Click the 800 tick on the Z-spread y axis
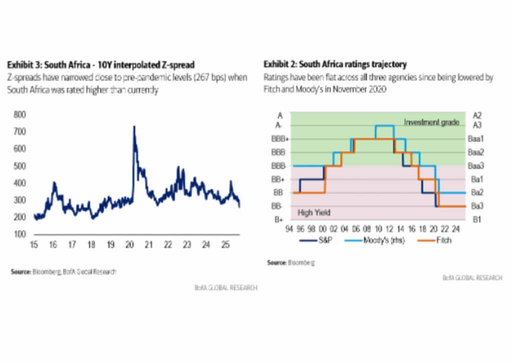pyautogui.click(x=19, y=114)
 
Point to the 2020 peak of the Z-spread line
pyautogui.click(x=133, y=127)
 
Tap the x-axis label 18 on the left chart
pyautogui.click(x=91, y=245)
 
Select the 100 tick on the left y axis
pyautogui.click(x=19, y=234)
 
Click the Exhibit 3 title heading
pyautogui.click(x=100, y=64)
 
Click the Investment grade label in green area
pyautogui.click(x=431, y=122)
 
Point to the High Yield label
pyautogui.click(x=314, y=212)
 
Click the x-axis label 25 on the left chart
pyautogui.click(x=225, y=245)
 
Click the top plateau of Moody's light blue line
pyautogui.click(x=384, y=125)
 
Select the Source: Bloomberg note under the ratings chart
pyautogui.click(x=290, y=262)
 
